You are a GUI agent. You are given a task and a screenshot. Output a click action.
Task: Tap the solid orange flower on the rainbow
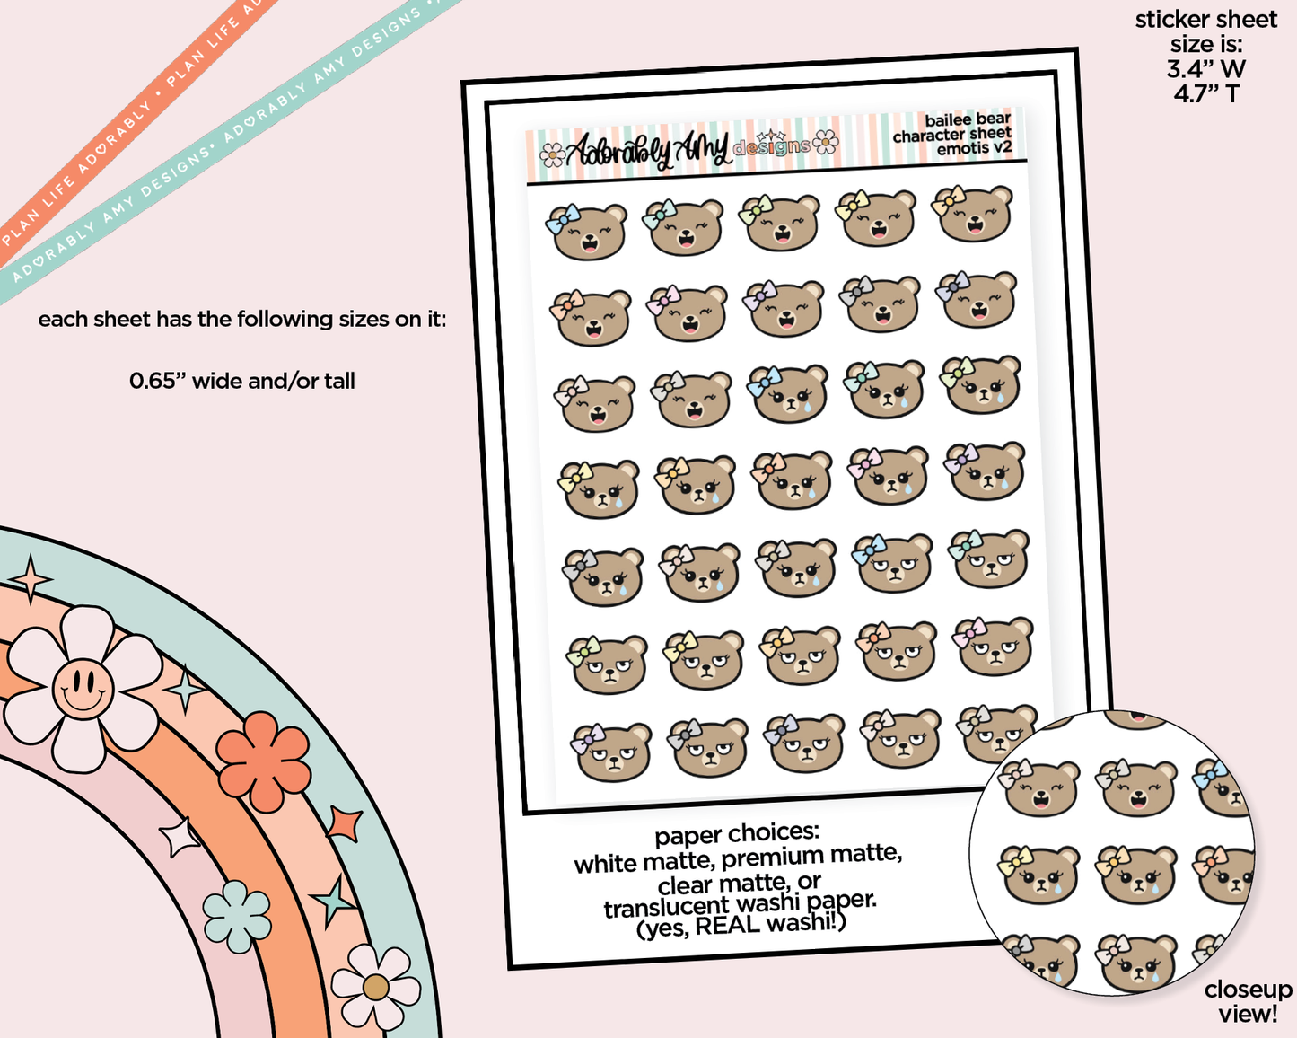tap(263, 761)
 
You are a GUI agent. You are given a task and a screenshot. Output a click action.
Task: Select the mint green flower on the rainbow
tap(237, 916)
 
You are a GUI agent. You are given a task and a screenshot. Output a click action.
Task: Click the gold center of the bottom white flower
tap(375, 988)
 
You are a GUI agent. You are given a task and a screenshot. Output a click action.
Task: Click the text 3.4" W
tap(1205, 69)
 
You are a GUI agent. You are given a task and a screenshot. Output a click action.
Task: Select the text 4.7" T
tap(1205, 93)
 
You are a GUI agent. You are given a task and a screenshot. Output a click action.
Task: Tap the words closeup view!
tap(1248, 1002)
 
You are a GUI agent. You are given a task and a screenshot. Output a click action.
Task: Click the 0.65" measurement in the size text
tap(158, 382)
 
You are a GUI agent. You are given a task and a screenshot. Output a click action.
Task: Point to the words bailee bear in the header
tap(967, 120)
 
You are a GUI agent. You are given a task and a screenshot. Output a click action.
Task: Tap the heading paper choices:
tap(737, 834)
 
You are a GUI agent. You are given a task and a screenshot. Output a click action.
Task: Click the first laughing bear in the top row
tap(587, 233)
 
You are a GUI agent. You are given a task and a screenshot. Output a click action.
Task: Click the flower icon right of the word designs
tap(826, 142)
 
